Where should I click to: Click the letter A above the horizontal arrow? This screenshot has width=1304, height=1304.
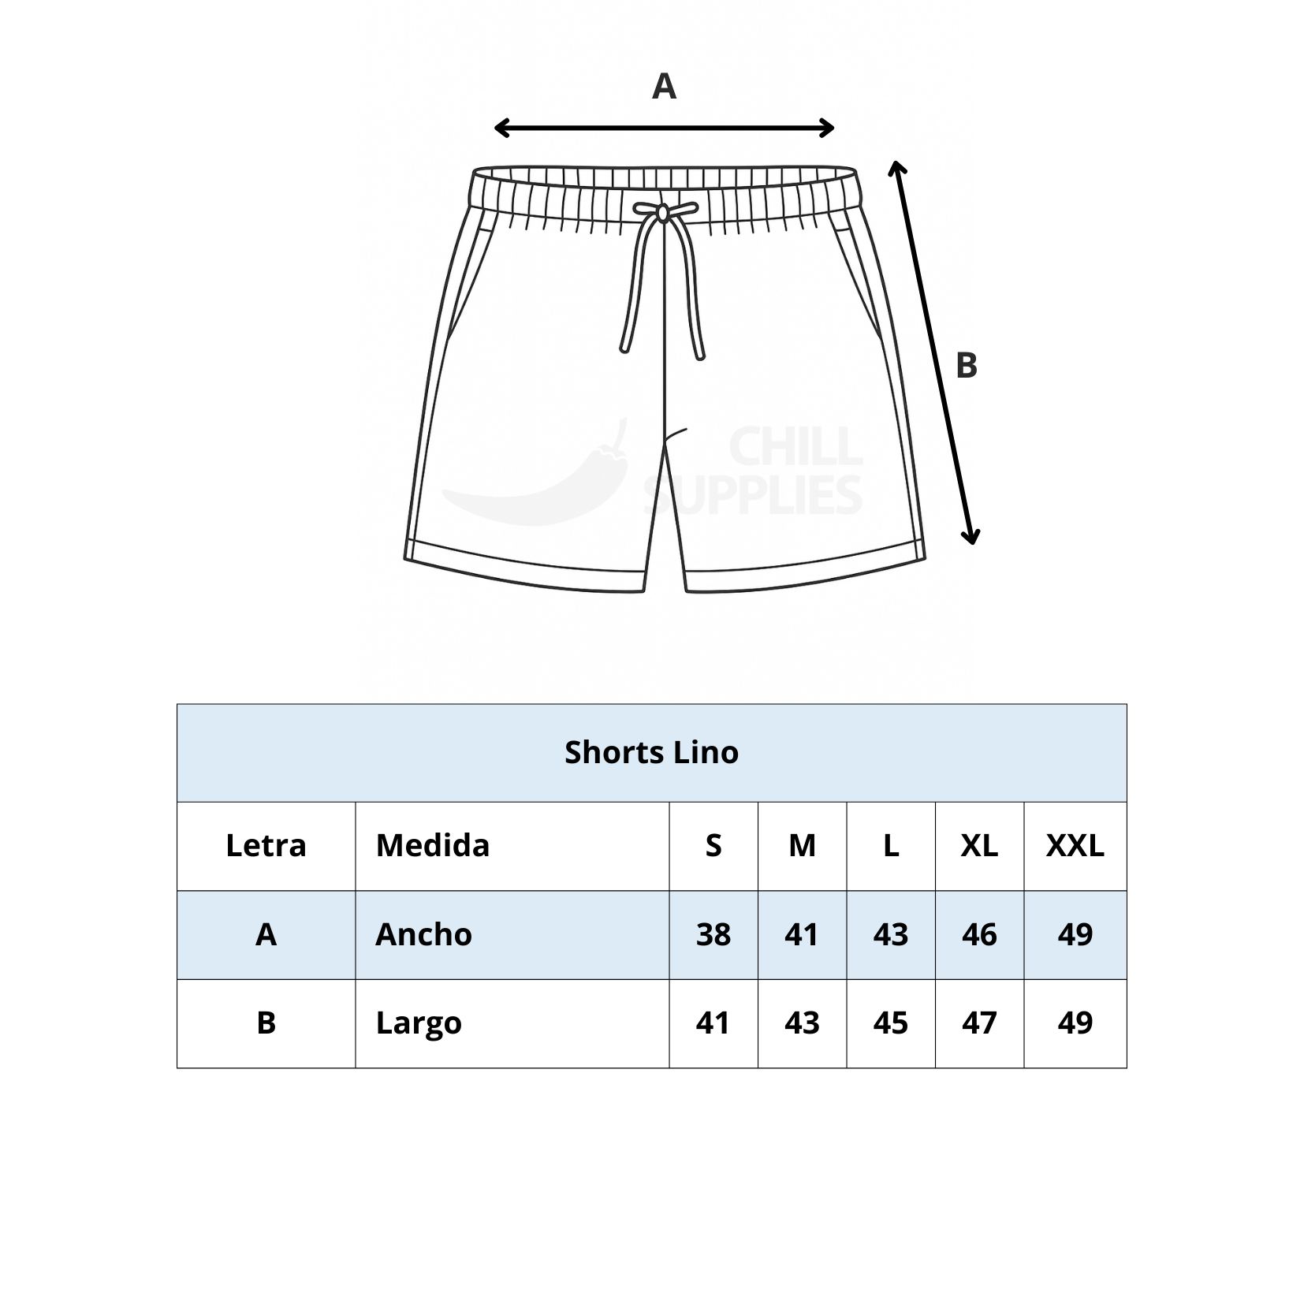(664, 87)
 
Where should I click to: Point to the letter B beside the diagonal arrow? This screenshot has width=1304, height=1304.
(966, 366)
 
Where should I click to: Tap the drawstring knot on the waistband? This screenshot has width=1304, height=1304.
(663, 211)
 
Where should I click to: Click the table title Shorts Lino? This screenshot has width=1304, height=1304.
(651, 752)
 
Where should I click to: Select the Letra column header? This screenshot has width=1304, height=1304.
(266, 845)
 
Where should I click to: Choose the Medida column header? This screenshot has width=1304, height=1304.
(433, 845)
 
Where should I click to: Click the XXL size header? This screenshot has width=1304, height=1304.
(1075, 845)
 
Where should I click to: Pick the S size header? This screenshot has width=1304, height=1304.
(713, 845)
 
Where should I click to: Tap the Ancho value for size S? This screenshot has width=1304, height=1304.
(713, 934)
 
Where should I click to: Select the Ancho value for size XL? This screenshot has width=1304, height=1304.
(979, 934)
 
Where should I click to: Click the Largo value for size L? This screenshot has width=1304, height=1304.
(891, 1023)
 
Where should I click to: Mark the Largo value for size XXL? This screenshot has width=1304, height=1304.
(1075, 1023)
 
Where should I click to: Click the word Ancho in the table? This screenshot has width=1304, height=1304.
(423, 934)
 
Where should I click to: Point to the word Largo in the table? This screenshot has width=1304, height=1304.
(419, 1024)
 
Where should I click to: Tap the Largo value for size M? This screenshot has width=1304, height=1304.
(802, 1023)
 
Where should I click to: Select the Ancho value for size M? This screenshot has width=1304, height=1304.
(802, 934)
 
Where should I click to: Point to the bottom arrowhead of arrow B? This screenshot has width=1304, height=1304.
(972, 535)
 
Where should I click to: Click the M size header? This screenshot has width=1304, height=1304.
(802, 845)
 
